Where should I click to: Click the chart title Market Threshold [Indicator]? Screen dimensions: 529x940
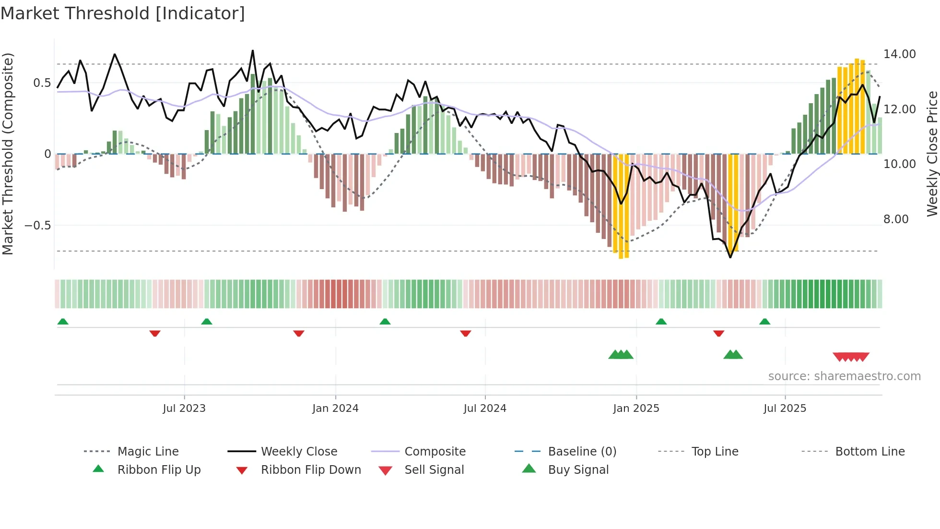tap(123, 13)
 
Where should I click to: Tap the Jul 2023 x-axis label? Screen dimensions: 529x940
tap(184, 409)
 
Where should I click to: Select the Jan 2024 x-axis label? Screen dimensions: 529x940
tap(335, 409)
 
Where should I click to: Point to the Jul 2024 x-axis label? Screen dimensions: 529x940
tap(485, 409)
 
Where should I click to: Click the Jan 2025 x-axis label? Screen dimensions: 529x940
tap(636, 409)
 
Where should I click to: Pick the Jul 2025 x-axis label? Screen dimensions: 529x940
tap(785, 409)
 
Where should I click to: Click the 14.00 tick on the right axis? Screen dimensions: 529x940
tap(900, 54)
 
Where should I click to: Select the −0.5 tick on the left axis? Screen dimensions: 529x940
tap(38, 226)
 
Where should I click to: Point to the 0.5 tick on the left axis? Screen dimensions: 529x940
tap(42, 83)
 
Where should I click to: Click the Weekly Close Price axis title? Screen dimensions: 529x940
tap(932, 154)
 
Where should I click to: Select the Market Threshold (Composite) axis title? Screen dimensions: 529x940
tap(8, 154)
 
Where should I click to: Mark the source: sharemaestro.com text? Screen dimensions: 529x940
tap(844, 376)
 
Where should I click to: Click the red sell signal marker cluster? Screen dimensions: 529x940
tap(851, 357)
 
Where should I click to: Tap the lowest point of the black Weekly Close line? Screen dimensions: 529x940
tap(730, 257)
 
